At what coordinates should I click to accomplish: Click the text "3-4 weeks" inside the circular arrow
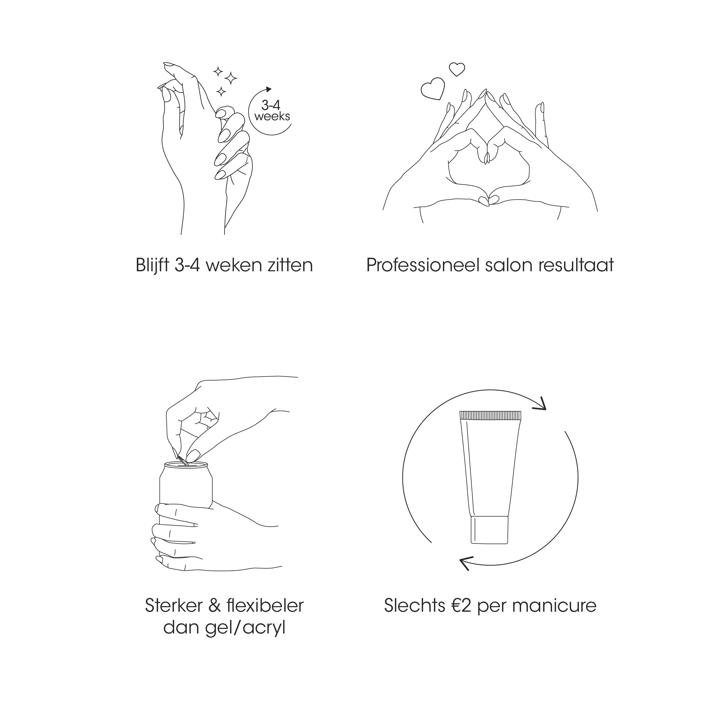[x=272, y=111]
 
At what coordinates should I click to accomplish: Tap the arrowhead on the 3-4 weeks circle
[x=269, y=89]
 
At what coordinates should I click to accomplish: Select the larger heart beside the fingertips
[x=433, y=89]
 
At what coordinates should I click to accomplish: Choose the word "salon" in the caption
[x=509, y=265]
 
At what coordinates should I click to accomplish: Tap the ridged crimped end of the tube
[x=490, y=415]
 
